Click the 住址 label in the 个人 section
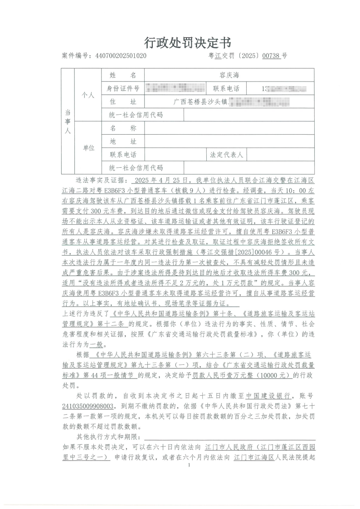(x=123, y=101)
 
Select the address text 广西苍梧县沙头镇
(x=202, y=102)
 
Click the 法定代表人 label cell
(x=227, y=155)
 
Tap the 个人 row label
(x=88, y=95)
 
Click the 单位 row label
(x=88, y=148)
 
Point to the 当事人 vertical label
(x=68, y=121)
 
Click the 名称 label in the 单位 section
(x=123, y=128)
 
